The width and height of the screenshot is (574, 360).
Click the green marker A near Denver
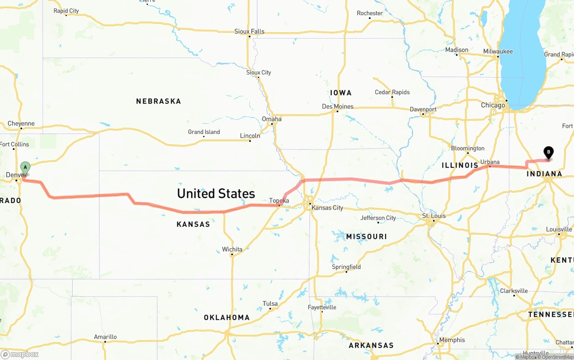pyautogui.click(x=25, y=168)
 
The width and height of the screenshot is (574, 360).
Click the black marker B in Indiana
pyautogui.click(x=548, y=152)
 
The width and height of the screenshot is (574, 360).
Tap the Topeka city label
pyautogui.click(x=279, y=200)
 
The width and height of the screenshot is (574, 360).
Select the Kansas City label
pyautogui.click(x=327, y=208)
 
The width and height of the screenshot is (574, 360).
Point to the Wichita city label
pyautogui.click(x=232, y=249)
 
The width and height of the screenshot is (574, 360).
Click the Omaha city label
pyautogui.click(x=272, y=119)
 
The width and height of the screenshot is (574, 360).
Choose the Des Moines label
pyautogui.click(x=338, y=106)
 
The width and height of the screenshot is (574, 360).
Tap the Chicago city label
pyautogui.click(x=493, y=105)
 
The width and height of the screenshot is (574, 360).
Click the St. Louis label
pyautogui.click(x=434, y=216)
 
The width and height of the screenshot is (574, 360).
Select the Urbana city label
pyautogui.click(x=490, y=162)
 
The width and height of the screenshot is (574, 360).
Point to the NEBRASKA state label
pyautogui.click(x=159, y=101)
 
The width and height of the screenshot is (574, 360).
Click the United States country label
pyautogui.click(x=216, y=194)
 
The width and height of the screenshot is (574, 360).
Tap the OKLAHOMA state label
pyautogui.click(x=227, y=317)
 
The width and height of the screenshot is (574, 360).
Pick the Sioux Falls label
pyautogui.click(x=249, y=31)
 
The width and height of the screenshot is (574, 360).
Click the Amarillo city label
pyautogui.click(x=105, y=337)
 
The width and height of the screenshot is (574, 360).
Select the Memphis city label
pyautogui.click(x=452, y=340)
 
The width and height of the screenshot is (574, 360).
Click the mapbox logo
pyautogui.click(x=20, y=354)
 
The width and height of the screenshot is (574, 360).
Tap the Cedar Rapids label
pyautogui.click(x=392, y=92)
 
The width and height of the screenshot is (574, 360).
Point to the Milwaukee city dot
pyautogui.click(x=498, y=57)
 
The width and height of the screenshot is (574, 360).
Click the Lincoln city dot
pyautogui.click(x=250, y=141)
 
